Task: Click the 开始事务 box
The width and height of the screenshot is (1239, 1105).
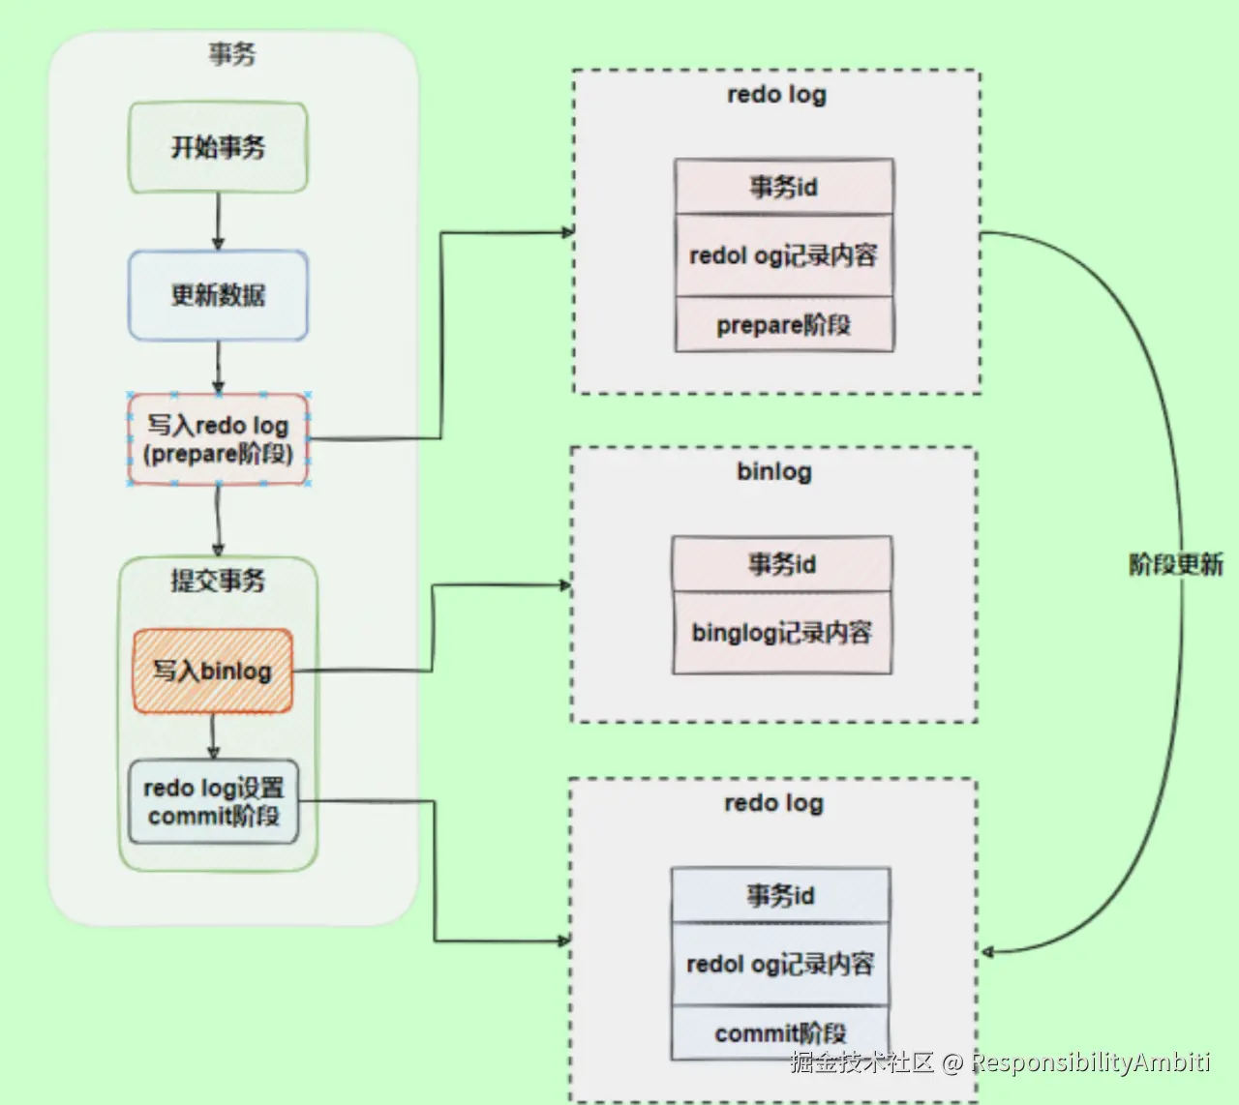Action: click(x=218, y=147)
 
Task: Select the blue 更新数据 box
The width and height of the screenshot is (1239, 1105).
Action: click(x=218, y=295)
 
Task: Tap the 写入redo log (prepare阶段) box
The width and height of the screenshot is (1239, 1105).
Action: click(x=218, y=439)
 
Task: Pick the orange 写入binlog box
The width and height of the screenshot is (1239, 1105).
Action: click(x=212, y=671)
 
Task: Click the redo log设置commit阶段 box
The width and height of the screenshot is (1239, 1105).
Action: click(x=213, y=801)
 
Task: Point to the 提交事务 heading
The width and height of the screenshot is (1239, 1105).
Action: click(x=218, y=581)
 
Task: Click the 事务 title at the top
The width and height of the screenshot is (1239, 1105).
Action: click(x=231, y=54)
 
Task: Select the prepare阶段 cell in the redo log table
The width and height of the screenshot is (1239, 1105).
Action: click(x=784, y=325)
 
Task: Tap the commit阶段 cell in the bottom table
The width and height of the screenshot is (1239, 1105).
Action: click(x=780, y=1032)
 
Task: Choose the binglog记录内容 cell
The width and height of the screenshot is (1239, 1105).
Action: click(x=782, y=633)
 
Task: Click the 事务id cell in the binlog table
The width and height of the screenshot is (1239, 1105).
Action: click(x=782, y=564)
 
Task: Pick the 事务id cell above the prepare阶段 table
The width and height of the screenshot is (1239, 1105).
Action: click(x=784, y=187)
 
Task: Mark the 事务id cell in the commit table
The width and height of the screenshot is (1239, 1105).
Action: click(x=780, y=895)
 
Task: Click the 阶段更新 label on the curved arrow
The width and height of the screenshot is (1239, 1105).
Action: click(x=1175, y=564)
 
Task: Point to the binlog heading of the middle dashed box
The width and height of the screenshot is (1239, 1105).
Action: click(x=774, y=472)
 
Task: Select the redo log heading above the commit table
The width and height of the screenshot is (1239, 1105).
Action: click(x=773, y=803)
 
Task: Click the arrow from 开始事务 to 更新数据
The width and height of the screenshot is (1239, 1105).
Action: click(x=218, y=222)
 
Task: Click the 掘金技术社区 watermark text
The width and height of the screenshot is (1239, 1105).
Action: click(x=861, y=1062)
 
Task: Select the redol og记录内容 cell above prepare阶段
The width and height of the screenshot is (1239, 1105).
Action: click(x=784, y=255)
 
